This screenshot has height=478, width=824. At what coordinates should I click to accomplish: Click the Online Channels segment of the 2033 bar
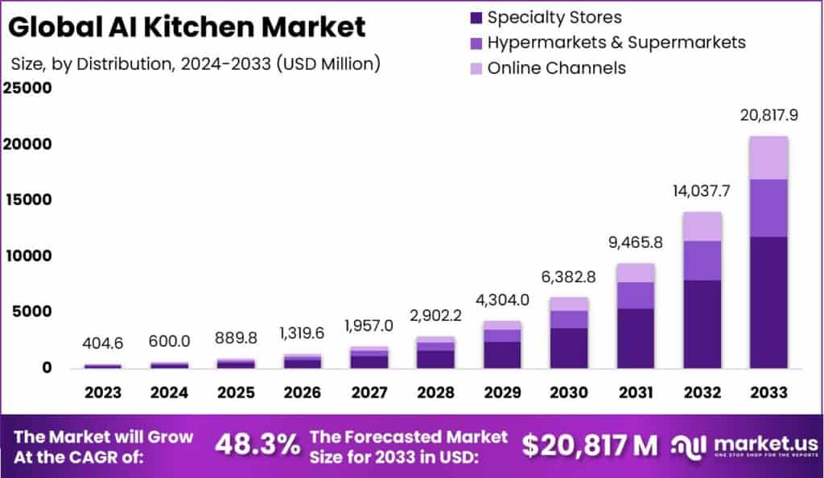pyautogui.click(x=768, y=158)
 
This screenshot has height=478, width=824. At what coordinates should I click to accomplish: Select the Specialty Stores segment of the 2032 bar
pyautogui.click(x=702, y=323)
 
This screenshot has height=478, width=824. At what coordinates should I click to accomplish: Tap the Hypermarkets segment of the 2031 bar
pyautogui.click(x=635, y=295)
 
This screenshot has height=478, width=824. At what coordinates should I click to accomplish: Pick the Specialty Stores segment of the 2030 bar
pyautogui.click(x=569, y=348)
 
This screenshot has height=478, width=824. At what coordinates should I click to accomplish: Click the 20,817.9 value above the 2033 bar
pyautogui.click(x=768, y=116)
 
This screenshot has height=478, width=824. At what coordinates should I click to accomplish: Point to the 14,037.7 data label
pyautogui.click(x=702, y=192)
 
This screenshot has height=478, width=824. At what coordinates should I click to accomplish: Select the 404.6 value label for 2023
pyautogui.click(x=103, y=344)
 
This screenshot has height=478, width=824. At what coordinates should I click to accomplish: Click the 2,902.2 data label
pyautogui.click(x=435, y=315)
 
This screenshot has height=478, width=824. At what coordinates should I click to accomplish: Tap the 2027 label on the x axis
pyautogui.click(x=369, y=392)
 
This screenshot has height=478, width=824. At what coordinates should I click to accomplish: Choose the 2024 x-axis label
pyautogui.click(x=169, y=392)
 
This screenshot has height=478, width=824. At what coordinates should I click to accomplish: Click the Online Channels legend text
pyautogui.click(x=556, y=68)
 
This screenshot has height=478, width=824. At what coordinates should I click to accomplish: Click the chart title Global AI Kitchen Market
pyautogui.click(x=187, y=27)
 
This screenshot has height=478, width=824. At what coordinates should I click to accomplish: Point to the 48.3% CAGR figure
pyautogui.click(x=257, y=444)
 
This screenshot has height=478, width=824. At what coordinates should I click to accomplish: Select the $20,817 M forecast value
pyautogui.click(x=589, y=444)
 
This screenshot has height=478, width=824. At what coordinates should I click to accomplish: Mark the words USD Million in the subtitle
pyautogui.click(x=328, y=64)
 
